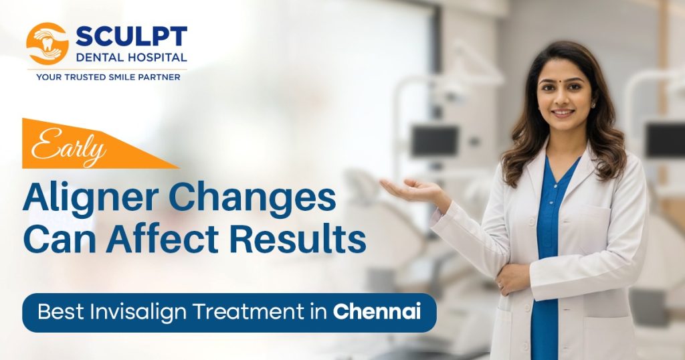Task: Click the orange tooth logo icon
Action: tap(47, 43)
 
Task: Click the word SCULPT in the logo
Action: tap(132, 36)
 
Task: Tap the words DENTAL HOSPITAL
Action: tap(132, 58)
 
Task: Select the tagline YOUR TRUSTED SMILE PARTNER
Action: tap(108, 77)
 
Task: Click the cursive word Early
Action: tap(69, 148)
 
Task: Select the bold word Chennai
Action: tap(377, 312)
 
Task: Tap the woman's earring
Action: tap(593, 105)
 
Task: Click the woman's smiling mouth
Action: tap(562, 112)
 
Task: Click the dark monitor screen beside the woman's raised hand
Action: tap(435, 141)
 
